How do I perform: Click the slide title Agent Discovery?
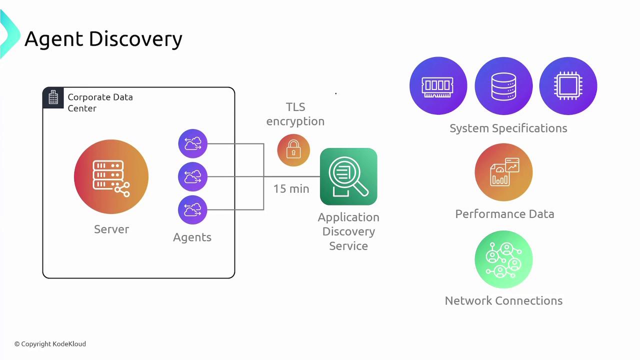pos(103,39)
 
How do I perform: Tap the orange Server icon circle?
pos(111,177)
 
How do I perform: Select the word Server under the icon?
pos(111,229)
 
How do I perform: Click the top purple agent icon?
pos(192,144)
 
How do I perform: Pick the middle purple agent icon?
pos(192,176)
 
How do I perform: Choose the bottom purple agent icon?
pos(192,209)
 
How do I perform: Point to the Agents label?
pos(192,237)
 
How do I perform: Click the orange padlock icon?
pos(293,150)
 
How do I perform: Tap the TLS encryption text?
pos(295,114)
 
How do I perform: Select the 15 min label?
pos(291,189)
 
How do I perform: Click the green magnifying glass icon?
pos(348,176)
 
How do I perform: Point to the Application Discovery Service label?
pos(348,231)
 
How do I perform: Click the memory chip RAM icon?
pos(438,85)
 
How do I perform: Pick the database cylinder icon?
pos(503,85)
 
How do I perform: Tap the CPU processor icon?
pos(568,85)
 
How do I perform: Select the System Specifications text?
pos(508,128)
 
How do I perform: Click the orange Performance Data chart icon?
pos(503,172)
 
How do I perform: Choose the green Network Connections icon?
pos(503,259)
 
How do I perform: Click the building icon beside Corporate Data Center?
pos(53,97)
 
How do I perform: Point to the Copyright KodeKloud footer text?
pos(50,344)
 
